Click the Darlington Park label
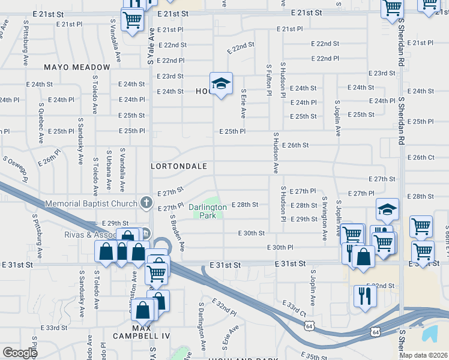click(208, 211)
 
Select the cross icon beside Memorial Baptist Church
click(146, 203)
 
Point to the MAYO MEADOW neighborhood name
click(77, 67)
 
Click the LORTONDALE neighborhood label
click(179, 166)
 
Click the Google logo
click(20, 353)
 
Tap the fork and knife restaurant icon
click(365, 296)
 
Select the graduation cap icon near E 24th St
click(221, 83)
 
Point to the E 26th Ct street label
click(420, 158)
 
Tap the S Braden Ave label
click(176, 233)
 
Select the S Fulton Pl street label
click(269, 80)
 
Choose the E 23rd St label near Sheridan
click(382, 73)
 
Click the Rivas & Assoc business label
click(90, 234)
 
